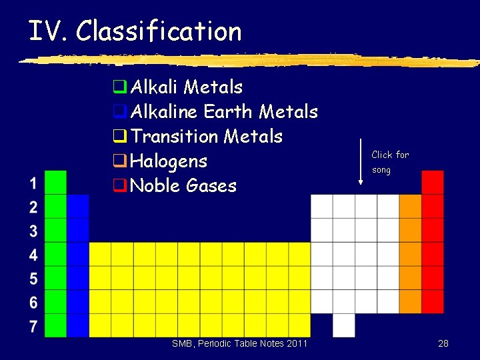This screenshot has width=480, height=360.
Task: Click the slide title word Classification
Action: pyautogui.click(x=158, y=31)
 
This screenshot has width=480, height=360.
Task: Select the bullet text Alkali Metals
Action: pyautogui.click(x=187, y=87)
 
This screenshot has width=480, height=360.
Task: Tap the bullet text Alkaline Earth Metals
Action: pyautogui.click(x=224, y=112)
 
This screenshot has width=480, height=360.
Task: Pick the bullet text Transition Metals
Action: pyautogui.click(x=207, y=137)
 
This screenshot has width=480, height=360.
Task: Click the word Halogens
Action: pyautogui.click(x=169, y=161)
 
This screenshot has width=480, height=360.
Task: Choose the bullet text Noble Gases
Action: pyautogui.click(x=183, y=185)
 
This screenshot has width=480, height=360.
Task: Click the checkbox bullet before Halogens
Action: pyautogui.click(x=119, y=161)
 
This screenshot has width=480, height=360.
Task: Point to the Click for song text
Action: pyautogui.click(x=389, y=162)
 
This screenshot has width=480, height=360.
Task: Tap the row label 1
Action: pyautogui.click(x=33, y=183)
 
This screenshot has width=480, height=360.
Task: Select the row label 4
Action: pyautogui.click(x=33, y=255)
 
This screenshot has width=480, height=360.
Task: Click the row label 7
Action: pyautogui.click(x=33, y=326)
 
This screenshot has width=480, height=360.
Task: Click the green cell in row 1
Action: pyautogui.click(x=56, y=182)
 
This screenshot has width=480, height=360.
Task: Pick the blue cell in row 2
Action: pyautogui.click(x=78, y=206)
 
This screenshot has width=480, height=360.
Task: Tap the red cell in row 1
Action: pyautogui.click(x=433, y=182)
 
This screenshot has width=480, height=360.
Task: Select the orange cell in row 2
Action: pyautogui.click(x=410, y=206)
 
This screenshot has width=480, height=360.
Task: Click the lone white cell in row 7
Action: pyautogui.click(x=343, y=325)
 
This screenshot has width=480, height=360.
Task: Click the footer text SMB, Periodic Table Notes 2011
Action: pyautogui.click(x=239, y=343)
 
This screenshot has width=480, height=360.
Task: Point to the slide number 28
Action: pyautogui.click(x=443, y=343)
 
